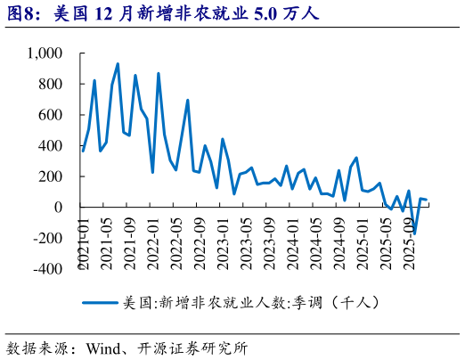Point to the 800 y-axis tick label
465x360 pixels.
pos(50,85)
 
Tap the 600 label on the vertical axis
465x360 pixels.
pos(50,115)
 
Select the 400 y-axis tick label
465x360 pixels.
pos(50,146)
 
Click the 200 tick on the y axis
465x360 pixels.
pos(50,176)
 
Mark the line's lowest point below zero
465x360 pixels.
pos(414,233)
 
